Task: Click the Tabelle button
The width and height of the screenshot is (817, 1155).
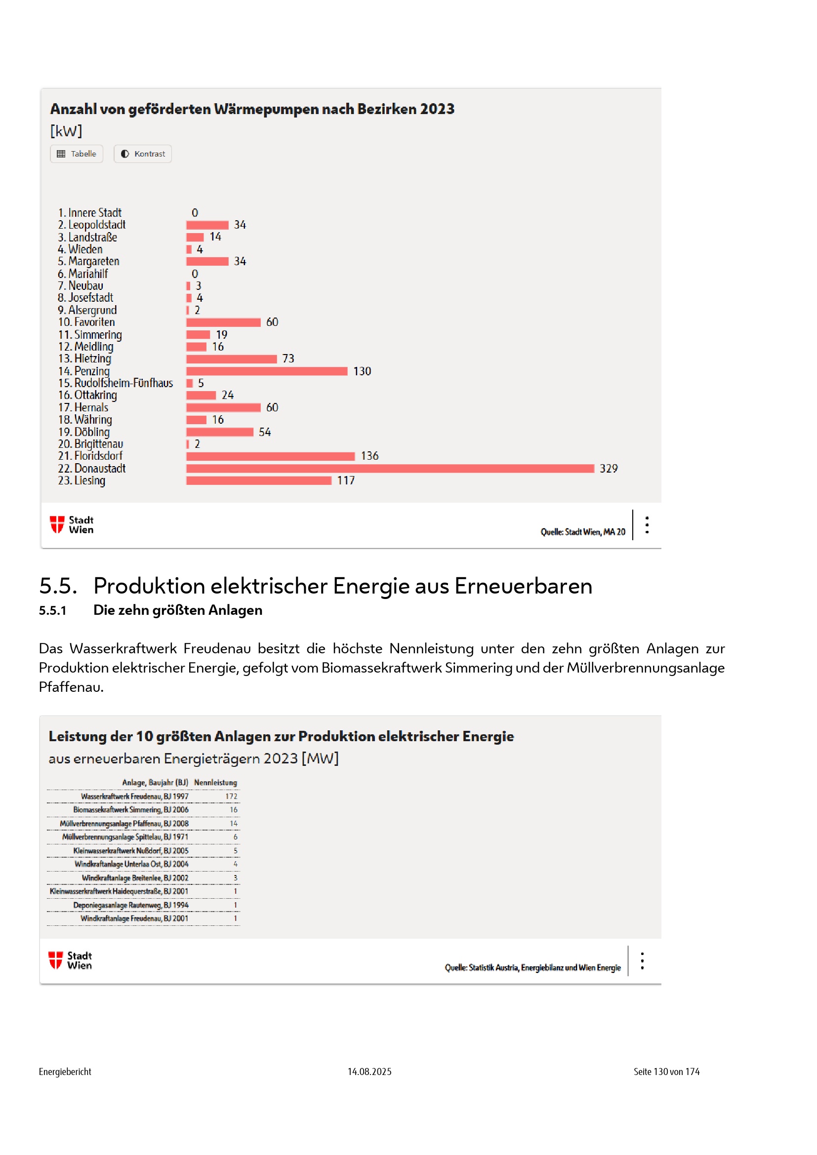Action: click(x=77, y=154)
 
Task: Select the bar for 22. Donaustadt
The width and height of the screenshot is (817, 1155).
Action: click(x=390, y=468)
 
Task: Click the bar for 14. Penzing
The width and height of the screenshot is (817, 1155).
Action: click(x=267, y=371)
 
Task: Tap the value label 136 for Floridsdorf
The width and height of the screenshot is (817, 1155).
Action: click(x=369, y=456)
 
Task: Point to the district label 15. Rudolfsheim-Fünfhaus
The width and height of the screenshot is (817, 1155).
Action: click(x=116, y=383)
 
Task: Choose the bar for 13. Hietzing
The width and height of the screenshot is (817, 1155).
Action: click(x=231, y=359)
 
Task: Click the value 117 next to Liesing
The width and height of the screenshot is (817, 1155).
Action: click(x=346, y=481)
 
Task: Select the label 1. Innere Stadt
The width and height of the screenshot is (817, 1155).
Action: click(x=90, y=213)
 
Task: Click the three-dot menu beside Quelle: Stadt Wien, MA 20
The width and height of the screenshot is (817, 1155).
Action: click(x=647, y=525)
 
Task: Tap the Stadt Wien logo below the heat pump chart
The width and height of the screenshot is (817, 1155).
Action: click(x=72, y=525)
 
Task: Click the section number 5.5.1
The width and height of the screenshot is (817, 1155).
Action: click(x=52, y=611)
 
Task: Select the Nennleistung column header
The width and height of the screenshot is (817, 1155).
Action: click(x=215, y=783)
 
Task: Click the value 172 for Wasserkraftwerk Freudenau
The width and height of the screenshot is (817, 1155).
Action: click(x=231, y=797)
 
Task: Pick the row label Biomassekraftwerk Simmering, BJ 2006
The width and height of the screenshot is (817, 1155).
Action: click(x=131, y=810)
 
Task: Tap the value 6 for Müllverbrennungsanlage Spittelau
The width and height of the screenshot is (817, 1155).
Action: click(x=235, y=837)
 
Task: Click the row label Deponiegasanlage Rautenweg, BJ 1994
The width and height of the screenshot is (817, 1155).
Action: click(x=131, y=905)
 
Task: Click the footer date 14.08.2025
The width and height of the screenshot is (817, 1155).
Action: click(x=369, y=1072)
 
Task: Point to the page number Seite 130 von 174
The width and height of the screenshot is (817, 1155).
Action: click(x=666, y=1072)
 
